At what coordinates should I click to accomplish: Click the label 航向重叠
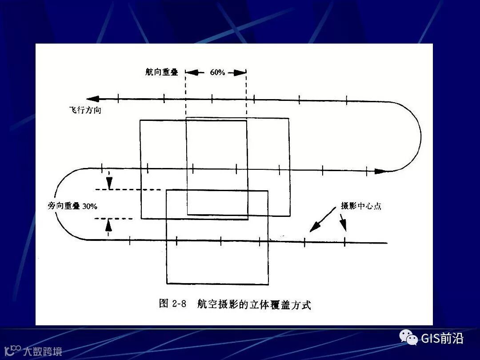pyautogui.click(x=161, y=72)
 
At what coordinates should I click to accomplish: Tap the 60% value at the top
pyautogui.click(x=217, y=72)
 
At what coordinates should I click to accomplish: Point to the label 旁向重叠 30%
pyautogui.click(x=72, y=206)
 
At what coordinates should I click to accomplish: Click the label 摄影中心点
pyautogui.click(x=361, y=206)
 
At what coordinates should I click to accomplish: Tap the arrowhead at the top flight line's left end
pyautogui.click(x=92, y=99)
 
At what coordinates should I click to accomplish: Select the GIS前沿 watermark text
pyautogui.click(x=442, y=339)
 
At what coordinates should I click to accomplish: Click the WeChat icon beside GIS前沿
pyautogui.click(x=408, y=338)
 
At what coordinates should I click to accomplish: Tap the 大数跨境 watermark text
pyautogui.click(x=42, y=351)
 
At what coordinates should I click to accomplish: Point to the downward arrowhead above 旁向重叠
pyautogui.click(x=109, y=183)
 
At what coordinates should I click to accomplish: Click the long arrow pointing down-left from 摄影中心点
pyautogui.click(x=323, y=220)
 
